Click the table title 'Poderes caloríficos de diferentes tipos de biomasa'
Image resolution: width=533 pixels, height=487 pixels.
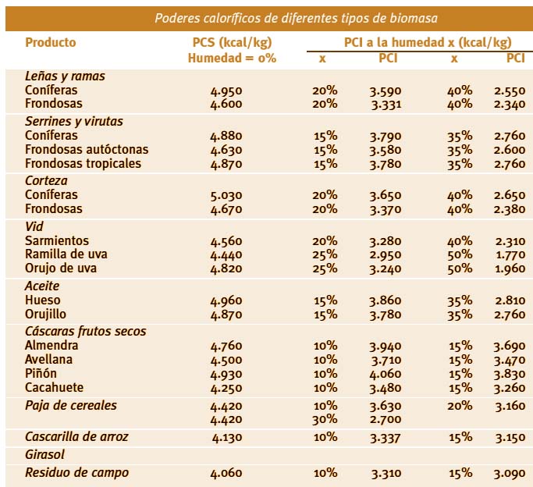click(296, 18)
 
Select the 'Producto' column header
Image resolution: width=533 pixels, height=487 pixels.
click(51, 42)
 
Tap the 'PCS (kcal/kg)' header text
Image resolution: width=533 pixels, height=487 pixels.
click(233, 42)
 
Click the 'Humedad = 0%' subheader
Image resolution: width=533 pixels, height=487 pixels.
click(233, 58)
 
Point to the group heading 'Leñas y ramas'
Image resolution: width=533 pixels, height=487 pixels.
click(65, 76)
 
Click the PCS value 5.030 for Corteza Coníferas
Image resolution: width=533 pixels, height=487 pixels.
click(226, 195)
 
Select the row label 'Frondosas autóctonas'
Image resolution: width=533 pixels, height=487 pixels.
click(87, 150)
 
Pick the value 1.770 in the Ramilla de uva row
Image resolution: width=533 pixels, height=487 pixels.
click(510, 254)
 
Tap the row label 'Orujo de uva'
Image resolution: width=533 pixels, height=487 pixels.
click(61, 268)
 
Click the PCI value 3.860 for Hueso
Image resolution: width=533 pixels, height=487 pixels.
click(386, 300)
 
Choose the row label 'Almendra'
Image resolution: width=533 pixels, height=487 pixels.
click(52, 345)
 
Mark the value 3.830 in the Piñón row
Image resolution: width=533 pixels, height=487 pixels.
click(510, 374)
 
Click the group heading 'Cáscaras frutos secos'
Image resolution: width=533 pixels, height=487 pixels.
click(86, 331)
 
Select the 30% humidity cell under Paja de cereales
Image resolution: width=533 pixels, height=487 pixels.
click(325, 419)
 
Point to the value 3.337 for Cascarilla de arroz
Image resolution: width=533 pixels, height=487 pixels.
click(386, 437)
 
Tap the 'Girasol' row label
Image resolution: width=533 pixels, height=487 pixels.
click(44, 455)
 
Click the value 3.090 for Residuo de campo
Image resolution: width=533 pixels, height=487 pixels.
click(510, 473)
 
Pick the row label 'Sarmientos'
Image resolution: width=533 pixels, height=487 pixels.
click(57, 240)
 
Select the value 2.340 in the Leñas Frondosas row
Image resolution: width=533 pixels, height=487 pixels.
click(510, 104)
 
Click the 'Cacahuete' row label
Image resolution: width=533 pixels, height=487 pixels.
click(55, 387)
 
